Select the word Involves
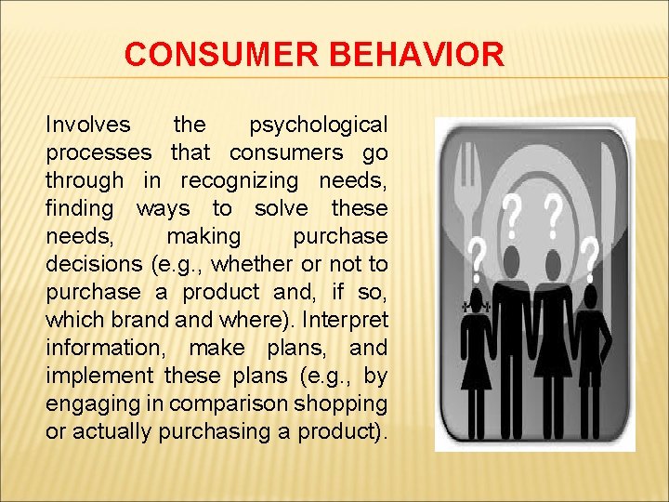pos(89,125)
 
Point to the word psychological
pos(318,125)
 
